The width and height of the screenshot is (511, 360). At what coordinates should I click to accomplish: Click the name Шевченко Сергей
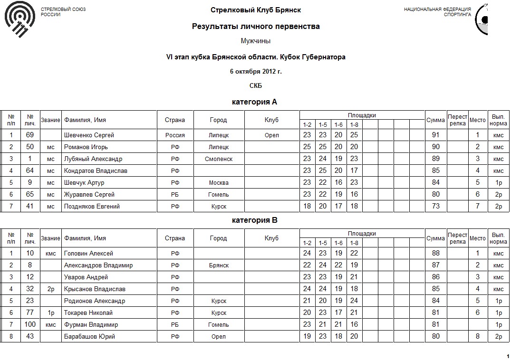point(89,135)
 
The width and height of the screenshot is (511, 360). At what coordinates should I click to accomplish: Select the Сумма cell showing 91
point(435,135)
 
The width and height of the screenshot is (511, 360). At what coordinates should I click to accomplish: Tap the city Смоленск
point(219,159)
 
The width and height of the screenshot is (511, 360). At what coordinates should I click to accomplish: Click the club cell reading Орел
point(271,135)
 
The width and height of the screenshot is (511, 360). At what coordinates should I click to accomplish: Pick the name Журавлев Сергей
point(89,195)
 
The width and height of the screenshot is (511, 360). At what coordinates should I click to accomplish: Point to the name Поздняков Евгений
point(92,207)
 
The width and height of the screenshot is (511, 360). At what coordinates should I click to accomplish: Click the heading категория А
point(254,102)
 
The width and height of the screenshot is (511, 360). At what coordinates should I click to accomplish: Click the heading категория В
point(254,220)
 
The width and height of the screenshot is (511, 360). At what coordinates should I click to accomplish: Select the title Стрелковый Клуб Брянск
point(255,10)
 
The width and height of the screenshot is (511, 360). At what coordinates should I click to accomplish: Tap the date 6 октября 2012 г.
point(255,72)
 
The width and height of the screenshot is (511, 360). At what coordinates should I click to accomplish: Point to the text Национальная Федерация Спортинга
point(437,12)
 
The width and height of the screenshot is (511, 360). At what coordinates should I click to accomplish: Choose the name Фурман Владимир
point(91,325)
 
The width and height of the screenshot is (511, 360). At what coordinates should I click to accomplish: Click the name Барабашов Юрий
point(89,337)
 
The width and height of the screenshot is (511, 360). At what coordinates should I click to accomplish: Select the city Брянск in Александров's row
point(219,265)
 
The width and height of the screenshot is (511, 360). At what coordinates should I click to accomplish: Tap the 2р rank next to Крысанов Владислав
point(50,289)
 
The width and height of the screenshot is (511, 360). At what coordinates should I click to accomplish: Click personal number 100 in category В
point(30,325)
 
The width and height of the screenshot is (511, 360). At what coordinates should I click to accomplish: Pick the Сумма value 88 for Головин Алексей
point(435,254)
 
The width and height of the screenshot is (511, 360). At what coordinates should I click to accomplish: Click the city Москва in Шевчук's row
point(219,183)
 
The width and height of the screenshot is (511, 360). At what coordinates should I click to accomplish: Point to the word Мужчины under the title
point(255,41)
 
